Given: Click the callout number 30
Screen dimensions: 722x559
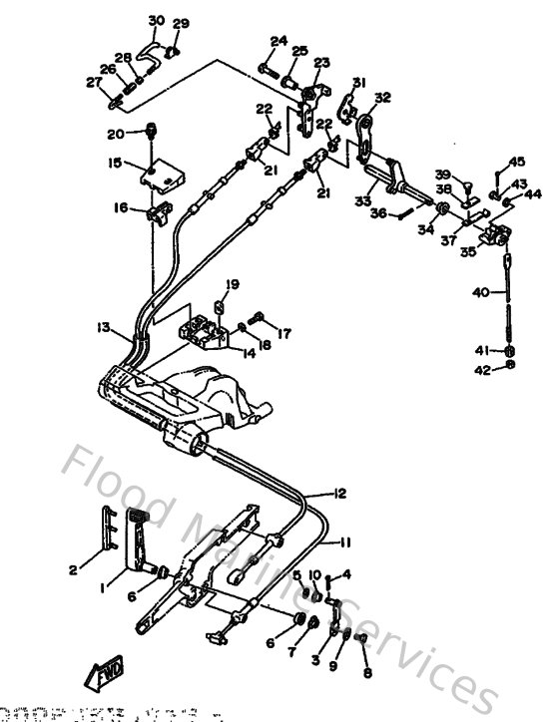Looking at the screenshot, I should click(156, 21).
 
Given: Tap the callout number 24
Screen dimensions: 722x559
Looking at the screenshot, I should click(279, 42).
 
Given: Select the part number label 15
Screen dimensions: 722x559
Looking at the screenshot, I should click(116, 162).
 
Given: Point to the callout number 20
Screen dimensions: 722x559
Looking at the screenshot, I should click(116, 134).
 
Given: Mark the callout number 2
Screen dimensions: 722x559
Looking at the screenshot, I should click(72, 570).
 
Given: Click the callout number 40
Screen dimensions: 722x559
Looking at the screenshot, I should click(479, 292).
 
